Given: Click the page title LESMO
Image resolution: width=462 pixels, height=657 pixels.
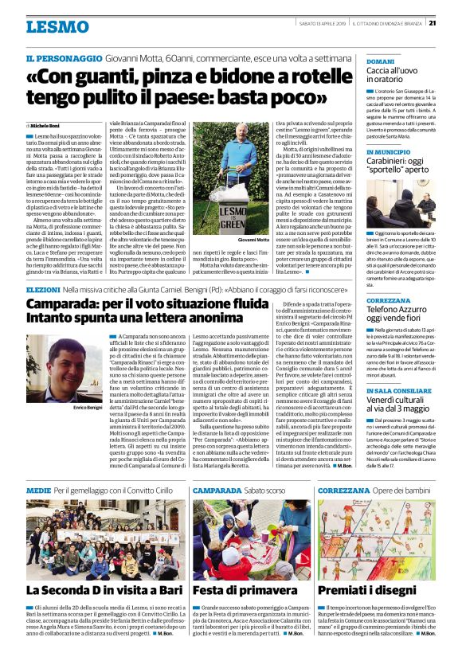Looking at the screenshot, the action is [x=57, y=26].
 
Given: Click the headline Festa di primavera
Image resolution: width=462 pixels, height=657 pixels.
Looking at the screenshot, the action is [x=237, y=590].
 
